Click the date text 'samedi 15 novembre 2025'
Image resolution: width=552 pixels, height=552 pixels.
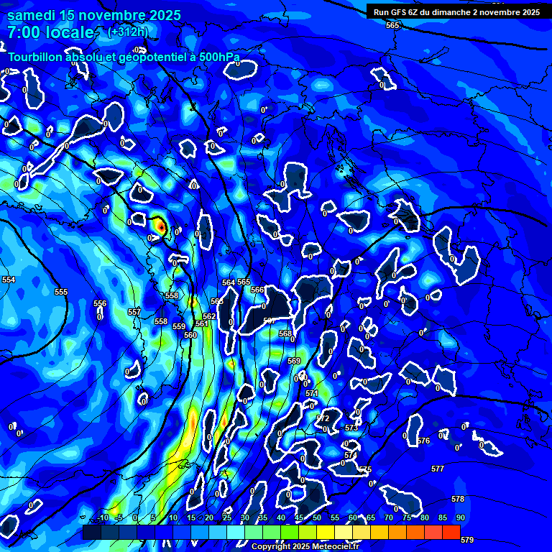click(94, 15)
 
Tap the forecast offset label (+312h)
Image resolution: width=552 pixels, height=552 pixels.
click(127, 32)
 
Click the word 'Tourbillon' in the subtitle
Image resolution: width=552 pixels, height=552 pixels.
click(35, 57)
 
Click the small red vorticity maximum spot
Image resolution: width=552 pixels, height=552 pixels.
click(162, 227)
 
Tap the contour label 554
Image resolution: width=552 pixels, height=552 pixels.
click(9, 280)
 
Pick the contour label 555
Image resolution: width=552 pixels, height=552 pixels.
click(61, 292)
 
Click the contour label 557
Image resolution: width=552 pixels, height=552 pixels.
click(134, 312)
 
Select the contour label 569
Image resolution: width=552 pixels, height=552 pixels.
click(294, 361)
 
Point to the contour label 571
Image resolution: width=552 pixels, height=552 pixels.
click(312, 393)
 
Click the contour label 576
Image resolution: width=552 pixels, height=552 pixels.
click(423, 441)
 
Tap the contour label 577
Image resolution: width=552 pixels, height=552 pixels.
click(438, 469)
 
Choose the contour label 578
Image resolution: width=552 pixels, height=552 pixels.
click(458, 499)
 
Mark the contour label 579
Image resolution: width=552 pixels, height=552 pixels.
click(466, 540)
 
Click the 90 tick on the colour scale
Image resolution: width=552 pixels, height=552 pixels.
click(460, 517)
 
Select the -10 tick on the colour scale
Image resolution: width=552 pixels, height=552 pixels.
click(103, 517)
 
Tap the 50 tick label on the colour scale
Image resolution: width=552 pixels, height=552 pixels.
click(317, 517)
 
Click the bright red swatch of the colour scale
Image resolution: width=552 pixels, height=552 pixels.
click(451, 532)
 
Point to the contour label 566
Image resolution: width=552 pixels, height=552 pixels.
click(257, 290)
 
